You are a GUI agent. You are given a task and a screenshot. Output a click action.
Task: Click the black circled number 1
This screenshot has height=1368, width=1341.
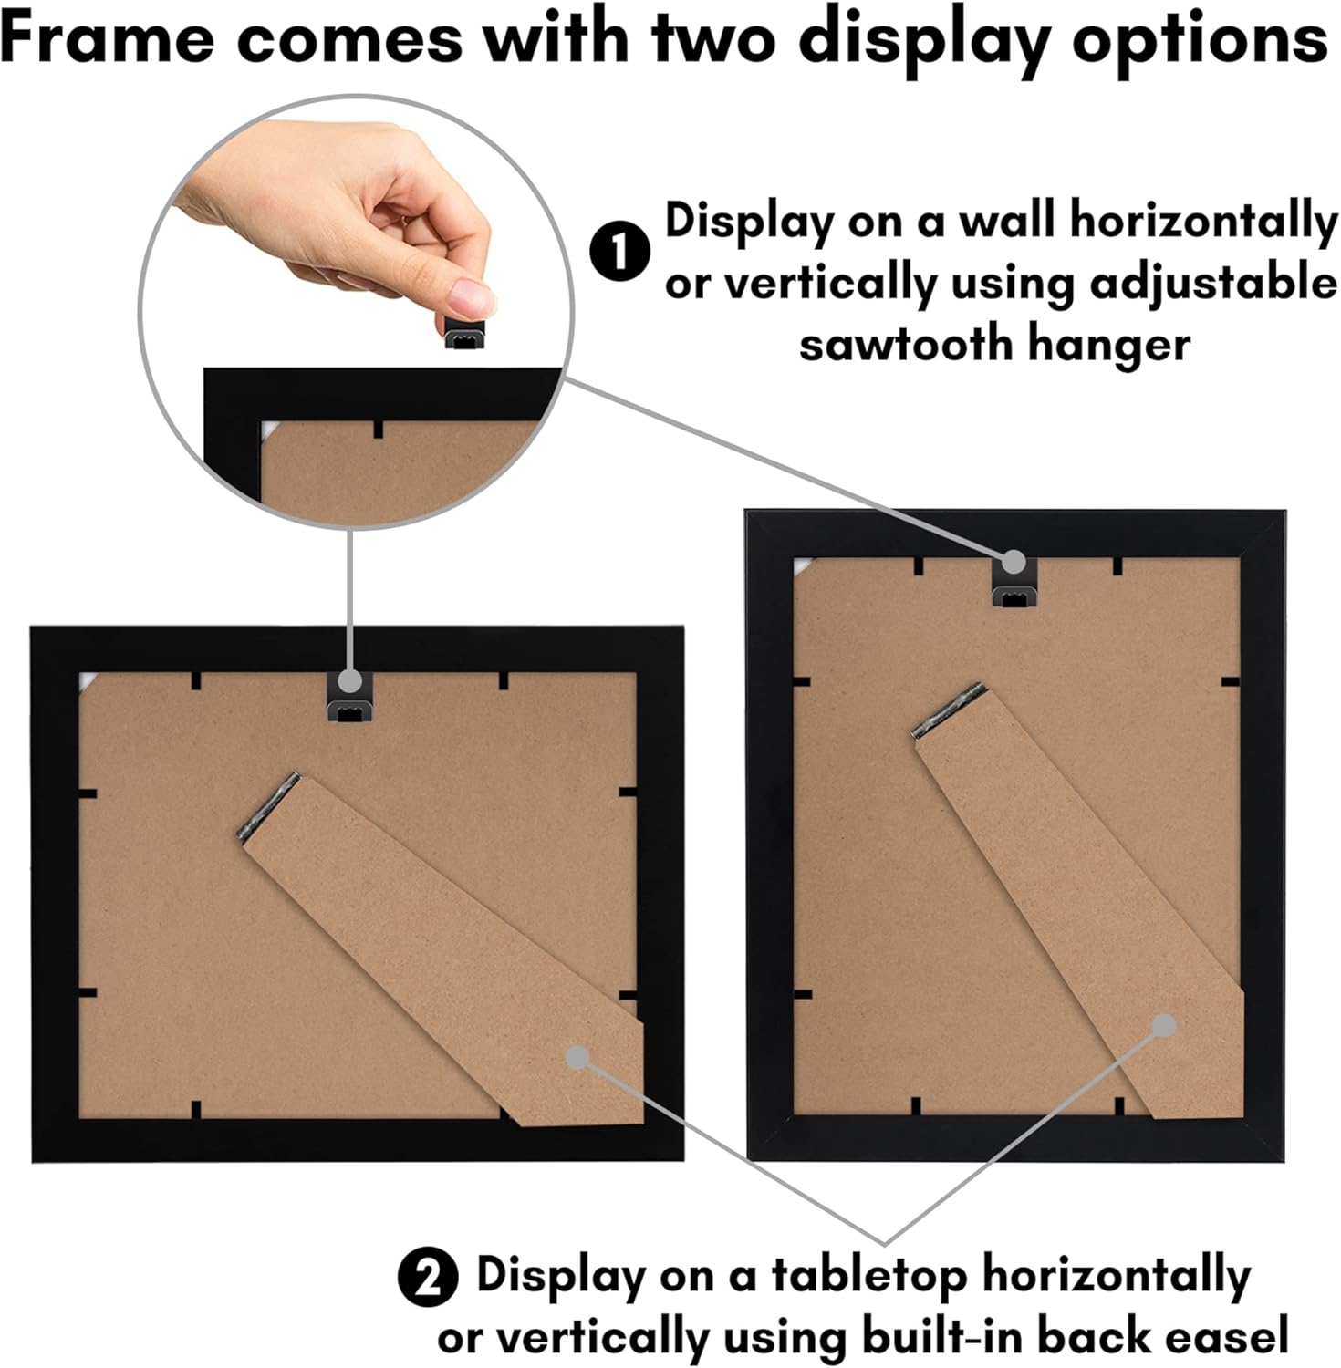click(619, 253)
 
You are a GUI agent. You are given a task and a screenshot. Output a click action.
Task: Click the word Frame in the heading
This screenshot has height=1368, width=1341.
click(108, 38)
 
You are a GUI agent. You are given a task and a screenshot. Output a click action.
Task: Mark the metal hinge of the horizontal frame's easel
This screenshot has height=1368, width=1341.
click(268, 808)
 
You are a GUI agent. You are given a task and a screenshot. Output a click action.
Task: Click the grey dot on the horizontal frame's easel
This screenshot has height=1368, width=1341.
click(577, 1057)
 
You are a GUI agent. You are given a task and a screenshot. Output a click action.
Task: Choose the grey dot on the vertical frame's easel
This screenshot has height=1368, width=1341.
click(1162, 1026)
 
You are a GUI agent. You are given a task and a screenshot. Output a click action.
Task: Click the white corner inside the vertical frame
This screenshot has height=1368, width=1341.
click(802, 565)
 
